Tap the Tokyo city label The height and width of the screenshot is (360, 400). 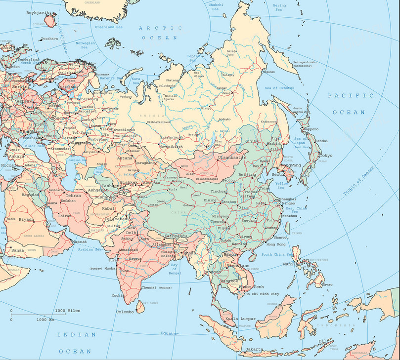click(325, 156)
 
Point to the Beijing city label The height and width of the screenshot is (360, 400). click(247, 175)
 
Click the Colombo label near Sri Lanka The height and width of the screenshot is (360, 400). click(125, 312)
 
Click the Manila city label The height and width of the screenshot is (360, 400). click(289, 264)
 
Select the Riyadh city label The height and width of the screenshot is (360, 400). click(26, 219)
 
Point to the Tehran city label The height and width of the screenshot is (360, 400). click(73, 195)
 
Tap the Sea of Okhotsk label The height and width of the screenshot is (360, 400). click(279, 88)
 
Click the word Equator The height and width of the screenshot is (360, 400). click(170, 333)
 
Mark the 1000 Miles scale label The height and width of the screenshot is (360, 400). click(67, 310)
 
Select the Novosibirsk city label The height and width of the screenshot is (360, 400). click(171, 146)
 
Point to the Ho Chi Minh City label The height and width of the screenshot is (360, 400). click(262, 294)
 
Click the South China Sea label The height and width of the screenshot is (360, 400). click(279, 254)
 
